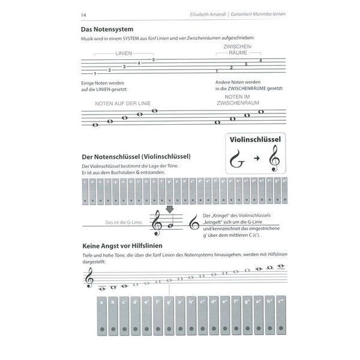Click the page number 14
click(x=83, y=14)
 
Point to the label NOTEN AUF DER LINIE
click(x=122, y=104)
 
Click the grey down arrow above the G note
click(x=169, y=209)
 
